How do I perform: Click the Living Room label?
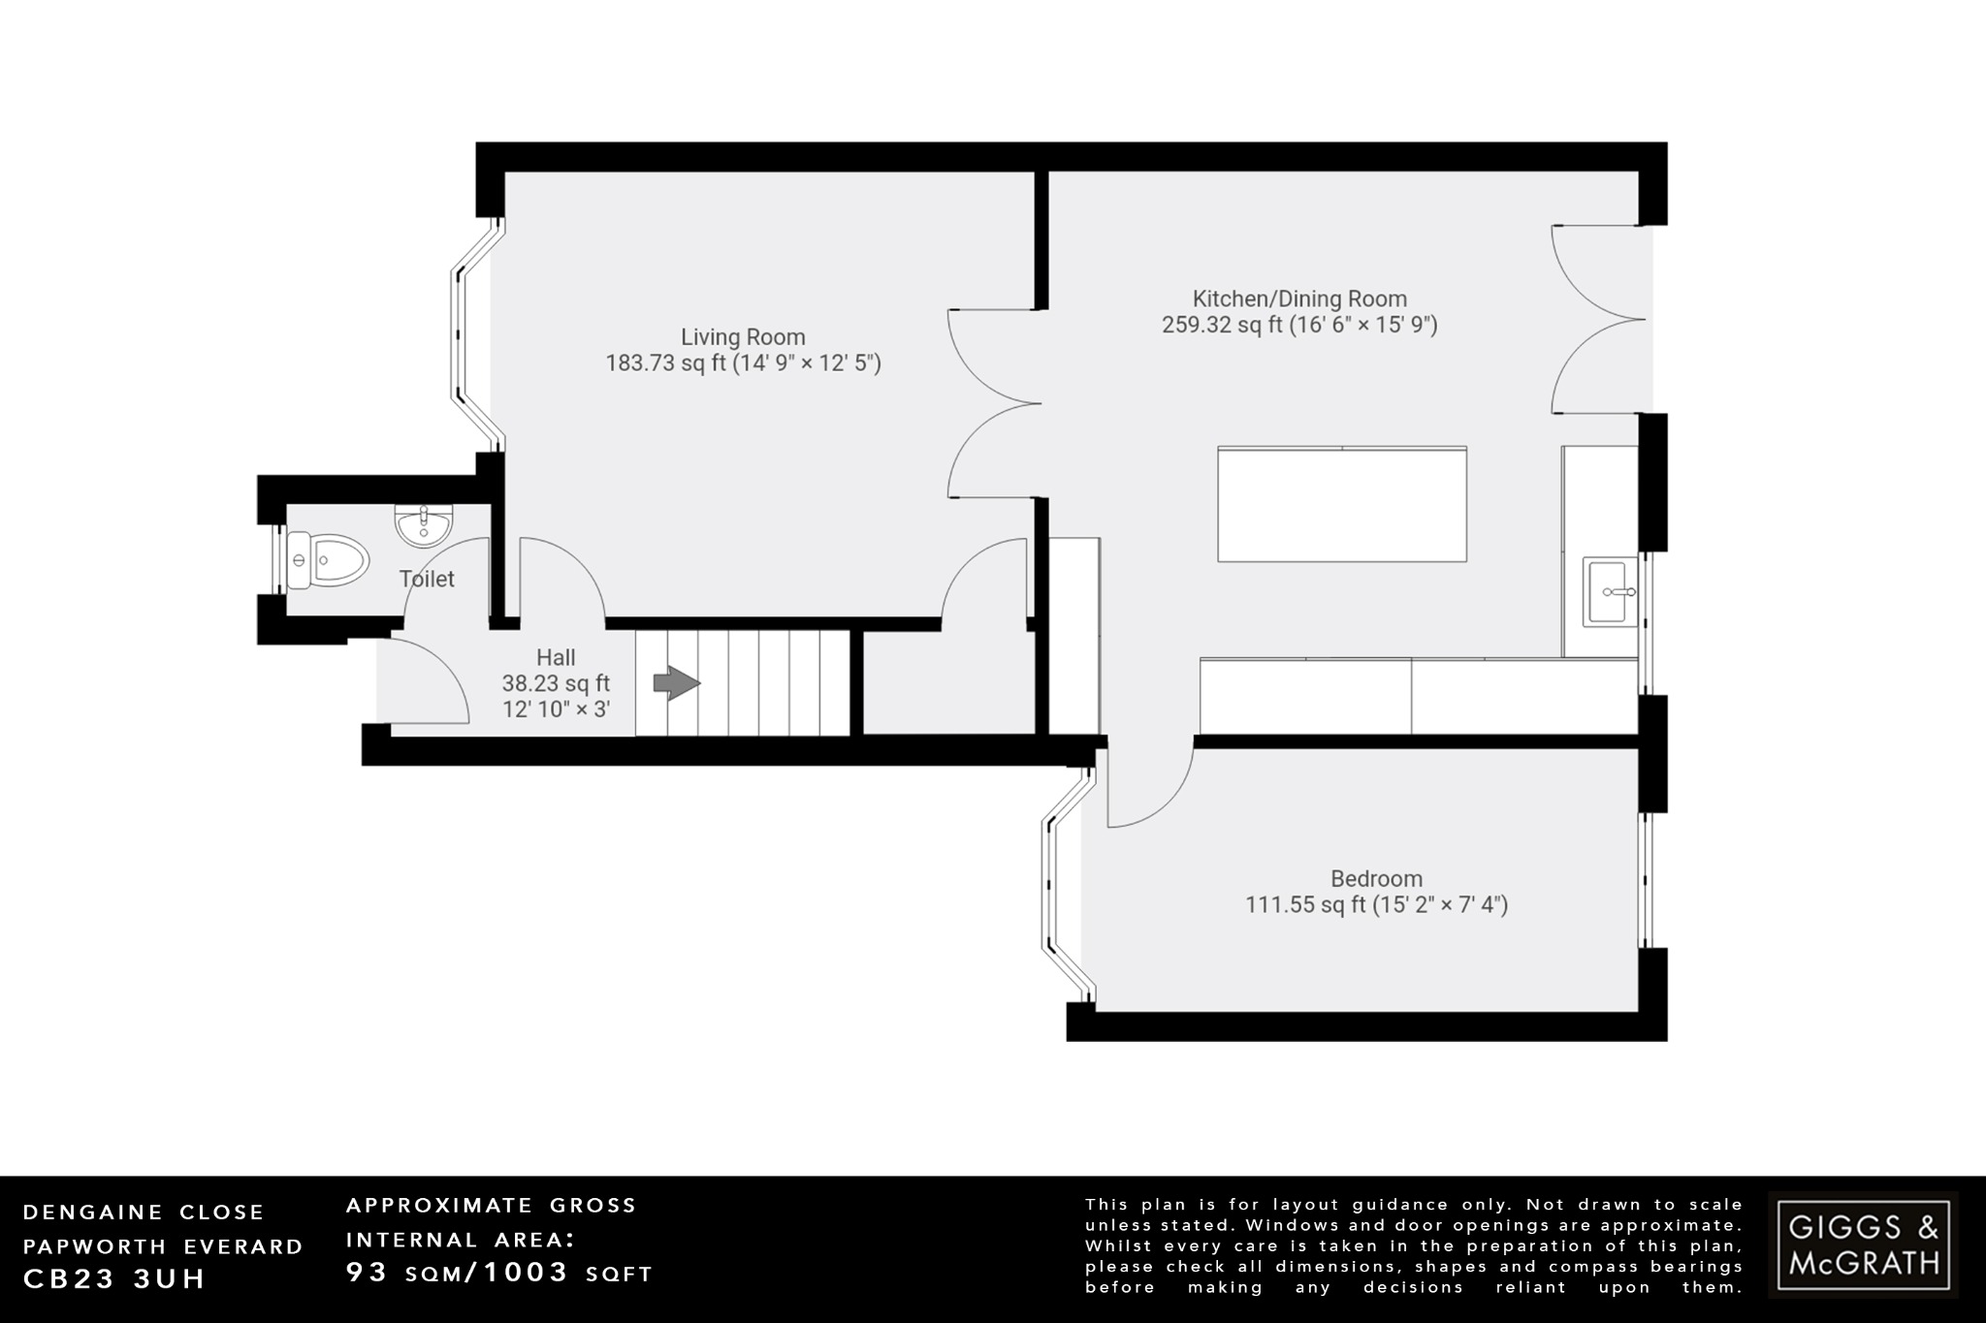(x=743, y=337)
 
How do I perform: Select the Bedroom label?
(x=1376, y=879)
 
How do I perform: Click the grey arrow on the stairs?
(x=676, y=683)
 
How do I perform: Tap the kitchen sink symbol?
(x=1610, y=591)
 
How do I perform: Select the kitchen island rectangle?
(x=1342, y=504)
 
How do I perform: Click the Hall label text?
(x=556, y=658)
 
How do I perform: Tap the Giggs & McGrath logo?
(x=1863, y=1244)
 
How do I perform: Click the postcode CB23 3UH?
(x=114, y=1279)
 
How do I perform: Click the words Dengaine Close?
(x=144, y=1213)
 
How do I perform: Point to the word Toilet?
(x=427, y=580)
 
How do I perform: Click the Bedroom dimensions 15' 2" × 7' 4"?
(x=1440, y=905)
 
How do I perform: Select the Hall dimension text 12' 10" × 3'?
(x=556, y=709)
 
